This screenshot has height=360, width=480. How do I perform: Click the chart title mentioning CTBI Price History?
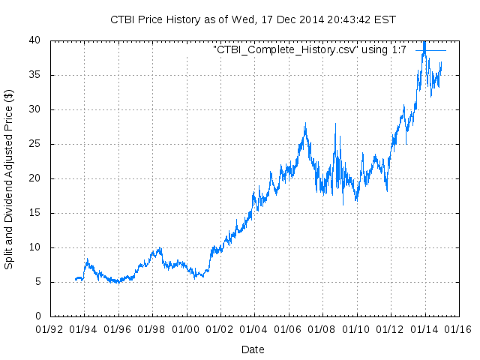click(x=253, y=19)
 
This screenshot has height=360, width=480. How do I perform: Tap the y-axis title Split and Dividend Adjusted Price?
click(x=9, y=180)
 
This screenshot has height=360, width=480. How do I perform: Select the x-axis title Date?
click(x=253, y=349)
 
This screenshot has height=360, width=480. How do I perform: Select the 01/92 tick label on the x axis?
click(x=50, y=328)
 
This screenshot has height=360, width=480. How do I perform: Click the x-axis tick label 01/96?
click(x=118, y=328)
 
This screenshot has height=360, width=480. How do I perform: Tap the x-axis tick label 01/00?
click(x=186, y=328)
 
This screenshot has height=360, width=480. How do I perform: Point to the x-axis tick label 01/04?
click(x=254, y=328)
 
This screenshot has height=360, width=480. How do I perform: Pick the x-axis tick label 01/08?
click(x=322, y=328)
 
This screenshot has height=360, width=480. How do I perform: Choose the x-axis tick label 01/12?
click(x=390, y=328)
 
